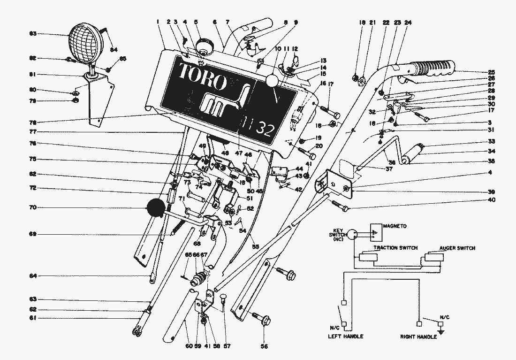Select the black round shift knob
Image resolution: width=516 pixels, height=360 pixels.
click(156, 208)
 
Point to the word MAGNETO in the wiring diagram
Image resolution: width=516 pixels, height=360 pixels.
click(395, 226)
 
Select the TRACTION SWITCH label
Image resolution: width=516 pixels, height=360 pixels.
click(395, 247)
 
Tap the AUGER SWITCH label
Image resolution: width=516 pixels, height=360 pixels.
click(457, 247)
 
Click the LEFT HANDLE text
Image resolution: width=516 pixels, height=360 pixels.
click(346, 337)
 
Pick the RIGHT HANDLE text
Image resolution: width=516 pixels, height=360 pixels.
click(418, 337)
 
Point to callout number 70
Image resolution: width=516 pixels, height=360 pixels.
click(32, 207)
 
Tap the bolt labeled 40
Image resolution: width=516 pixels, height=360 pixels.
click(340, 205)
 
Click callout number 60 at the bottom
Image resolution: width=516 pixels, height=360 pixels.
click(188, 346)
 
